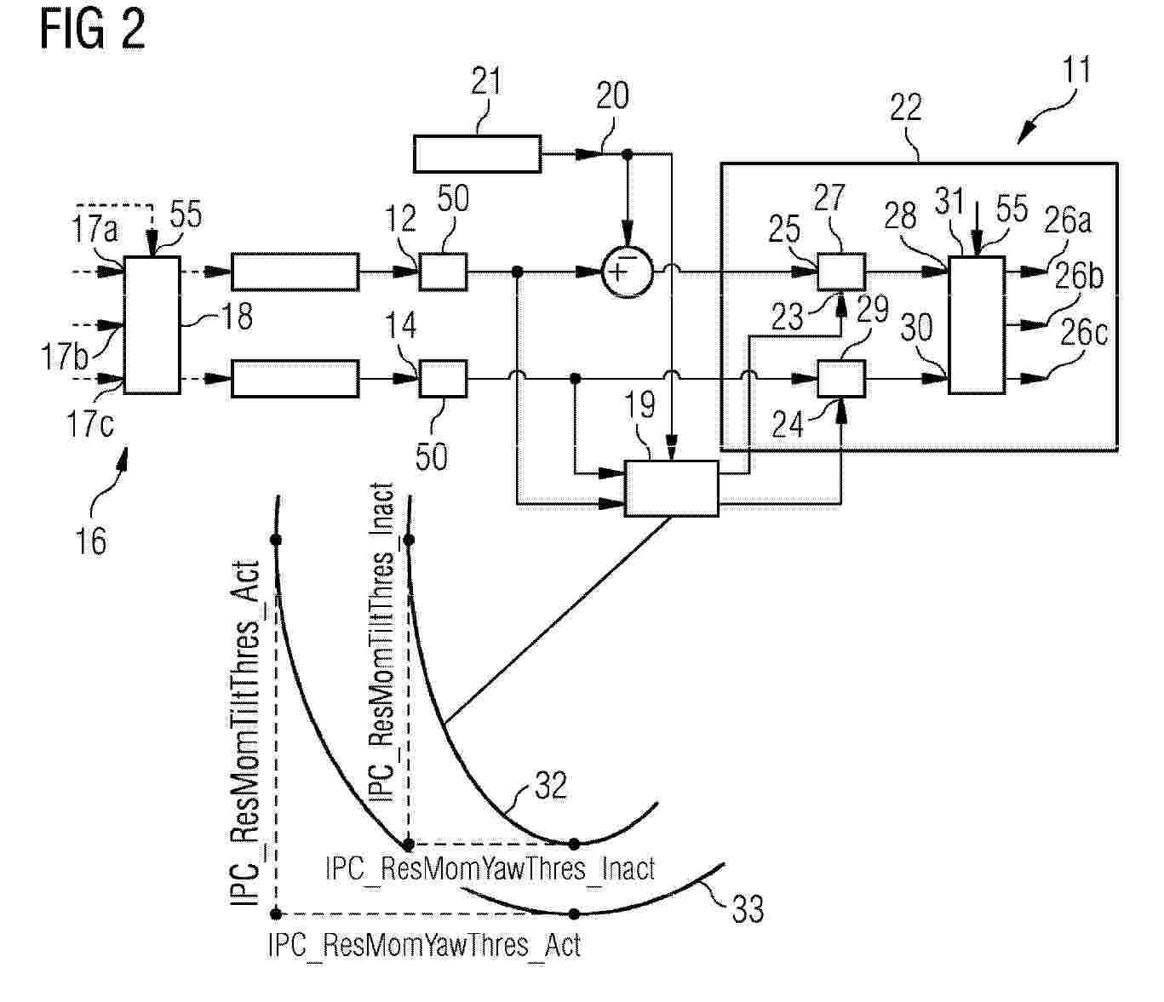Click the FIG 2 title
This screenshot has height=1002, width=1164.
click(93, 30)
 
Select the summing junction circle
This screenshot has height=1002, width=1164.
click(628, 272)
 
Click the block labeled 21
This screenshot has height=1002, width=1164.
click(477, 154)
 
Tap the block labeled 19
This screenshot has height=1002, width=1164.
click(671, 489)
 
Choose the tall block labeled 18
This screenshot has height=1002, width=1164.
click(152, 325)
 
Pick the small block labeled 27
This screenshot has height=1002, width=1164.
click(841, 272)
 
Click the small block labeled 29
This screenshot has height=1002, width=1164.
click(841, 379)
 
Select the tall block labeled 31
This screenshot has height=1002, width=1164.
click(977, 325)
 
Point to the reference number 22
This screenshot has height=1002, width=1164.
click(905, 107)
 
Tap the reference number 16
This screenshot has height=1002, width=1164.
click(90, 541)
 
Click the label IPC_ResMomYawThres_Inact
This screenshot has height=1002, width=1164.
click(490, 868)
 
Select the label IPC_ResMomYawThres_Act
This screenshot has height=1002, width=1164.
click(424, 945)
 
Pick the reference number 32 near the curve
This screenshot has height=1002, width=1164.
click(550, 785)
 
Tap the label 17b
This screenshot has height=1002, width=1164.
click(64, 357)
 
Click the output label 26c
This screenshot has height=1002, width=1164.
click(1083, 332)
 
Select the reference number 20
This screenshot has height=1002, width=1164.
click(612, 95)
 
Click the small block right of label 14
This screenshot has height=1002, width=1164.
click(443, 379)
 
